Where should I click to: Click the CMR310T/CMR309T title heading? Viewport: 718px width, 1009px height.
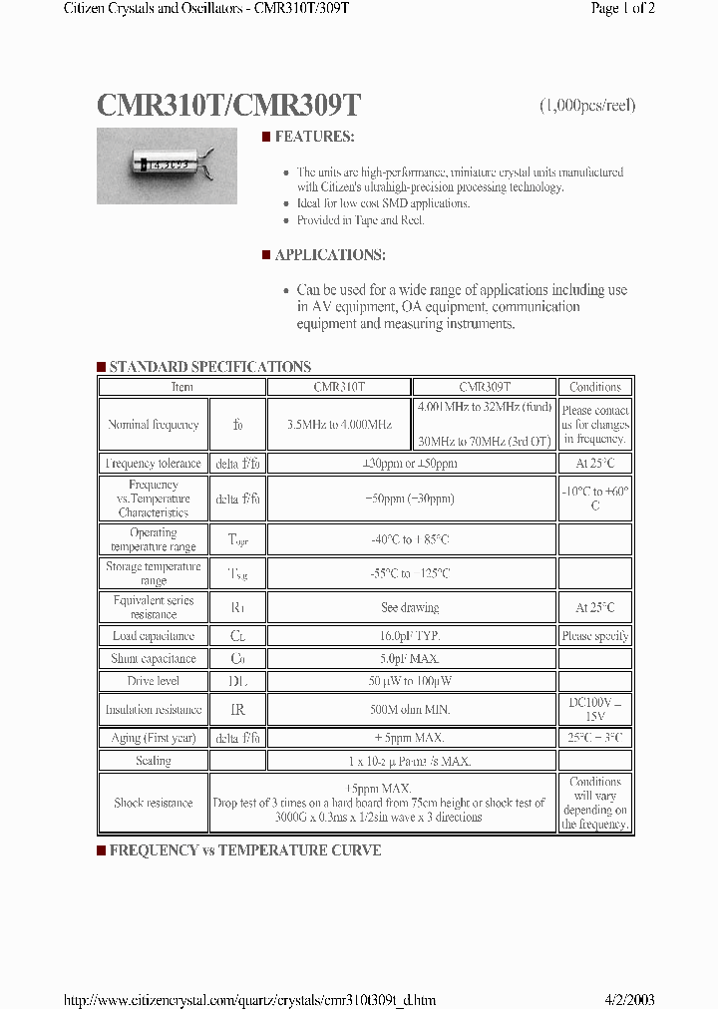pos(228,107)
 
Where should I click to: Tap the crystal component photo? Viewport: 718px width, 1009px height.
pos(167,167)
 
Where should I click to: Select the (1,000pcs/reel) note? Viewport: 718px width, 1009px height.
pos(587,106)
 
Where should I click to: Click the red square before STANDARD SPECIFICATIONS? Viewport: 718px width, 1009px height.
pos(101,367)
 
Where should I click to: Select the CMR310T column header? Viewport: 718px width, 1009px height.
pos(339,387)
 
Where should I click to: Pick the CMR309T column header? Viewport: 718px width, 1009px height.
pos(485,387)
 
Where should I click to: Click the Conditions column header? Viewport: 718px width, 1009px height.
pos(595,387)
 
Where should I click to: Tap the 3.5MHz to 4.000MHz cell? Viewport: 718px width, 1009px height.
pos(339,425)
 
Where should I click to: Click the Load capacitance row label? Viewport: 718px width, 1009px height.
pos(154,636)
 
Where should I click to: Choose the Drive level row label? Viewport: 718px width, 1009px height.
pos(154,682)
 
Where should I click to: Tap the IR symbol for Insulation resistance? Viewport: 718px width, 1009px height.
pos(237,710)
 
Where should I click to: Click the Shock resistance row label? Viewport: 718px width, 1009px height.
pos(154,803)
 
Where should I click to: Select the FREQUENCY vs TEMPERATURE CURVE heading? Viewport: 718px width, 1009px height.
pos(244,850)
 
